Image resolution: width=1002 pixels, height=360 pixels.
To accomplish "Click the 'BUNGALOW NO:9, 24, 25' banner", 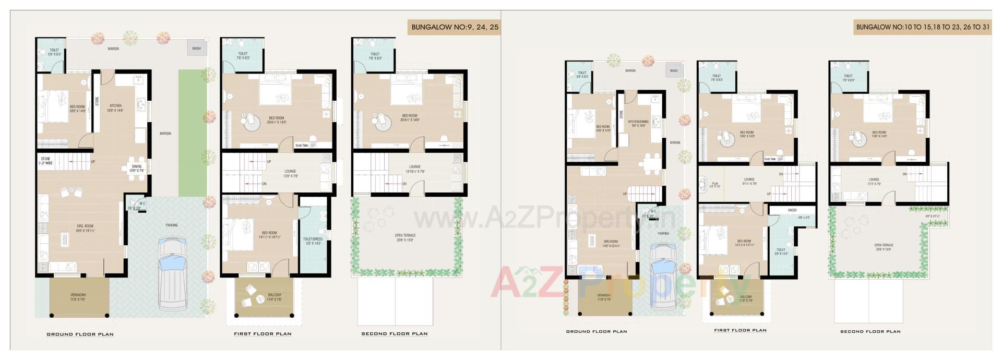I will [x=454, y=27].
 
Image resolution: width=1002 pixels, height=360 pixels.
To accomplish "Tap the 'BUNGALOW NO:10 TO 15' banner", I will [x=922, y=27].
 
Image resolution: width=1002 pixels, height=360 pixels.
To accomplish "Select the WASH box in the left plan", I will [x=197, y=49].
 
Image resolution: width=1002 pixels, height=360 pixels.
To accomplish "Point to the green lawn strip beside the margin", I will [x=193, y=133].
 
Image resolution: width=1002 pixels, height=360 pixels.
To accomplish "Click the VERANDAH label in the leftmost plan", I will [x=78, y=295].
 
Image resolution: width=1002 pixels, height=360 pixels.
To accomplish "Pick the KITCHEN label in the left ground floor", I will [x=115, y=106].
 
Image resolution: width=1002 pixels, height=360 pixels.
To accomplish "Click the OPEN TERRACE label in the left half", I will [x=405, y=235].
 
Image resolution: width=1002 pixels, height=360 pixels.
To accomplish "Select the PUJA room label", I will [x=714, y=184].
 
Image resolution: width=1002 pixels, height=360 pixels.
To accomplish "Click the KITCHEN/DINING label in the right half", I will [x=638, y=122].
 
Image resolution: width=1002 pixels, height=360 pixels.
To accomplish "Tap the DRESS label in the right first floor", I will [x=792, y=210].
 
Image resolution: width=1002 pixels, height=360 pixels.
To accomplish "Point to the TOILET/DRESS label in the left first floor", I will [x=313, y=239].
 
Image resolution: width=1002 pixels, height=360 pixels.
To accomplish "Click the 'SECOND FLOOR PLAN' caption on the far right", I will [x=870, y=331].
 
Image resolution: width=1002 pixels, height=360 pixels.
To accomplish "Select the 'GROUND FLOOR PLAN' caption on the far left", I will [x=80, y=334].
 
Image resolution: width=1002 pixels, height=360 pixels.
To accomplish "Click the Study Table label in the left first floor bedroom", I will [x=302, y=146].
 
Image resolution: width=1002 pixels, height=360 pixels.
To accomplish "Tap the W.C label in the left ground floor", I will [x=135, y=204].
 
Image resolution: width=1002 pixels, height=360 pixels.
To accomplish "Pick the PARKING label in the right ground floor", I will [x=663, y=234].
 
